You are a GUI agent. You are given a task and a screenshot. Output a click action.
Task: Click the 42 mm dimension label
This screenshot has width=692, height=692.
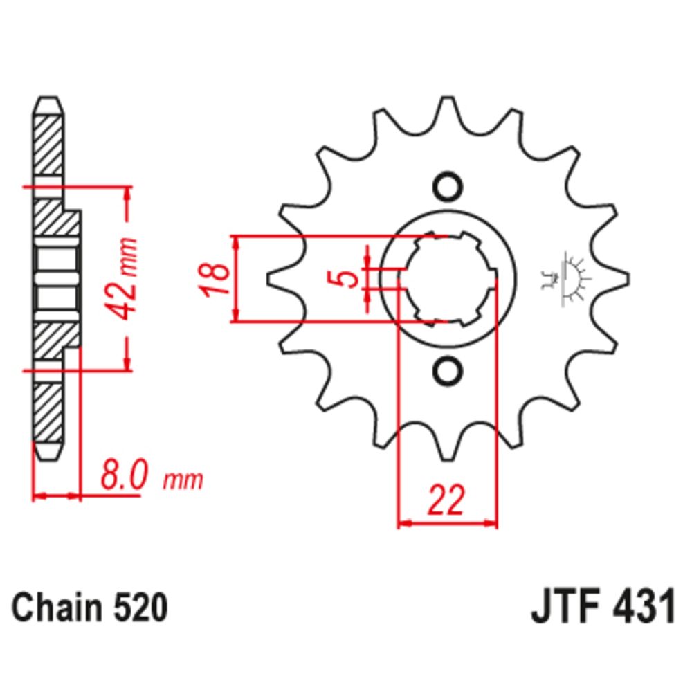(123, 279)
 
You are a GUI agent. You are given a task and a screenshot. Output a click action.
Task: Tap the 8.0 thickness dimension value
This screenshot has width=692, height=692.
(122, 475)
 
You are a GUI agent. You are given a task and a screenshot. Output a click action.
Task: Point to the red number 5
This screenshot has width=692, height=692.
(348, 278)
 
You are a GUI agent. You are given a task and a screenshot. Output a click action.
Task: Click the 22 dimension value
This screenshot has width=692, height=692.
(446, 500)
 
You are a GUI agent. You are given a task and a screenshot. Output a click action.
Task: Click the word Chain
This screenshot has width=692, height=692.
(57, 608)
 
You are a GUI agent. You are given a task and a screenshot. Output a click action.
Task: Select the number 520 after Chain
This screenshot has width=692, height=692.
(140, 608)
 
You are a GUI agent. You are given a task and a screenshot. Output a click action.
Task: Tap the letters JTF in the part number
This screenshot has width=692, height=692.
(567, 607)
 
